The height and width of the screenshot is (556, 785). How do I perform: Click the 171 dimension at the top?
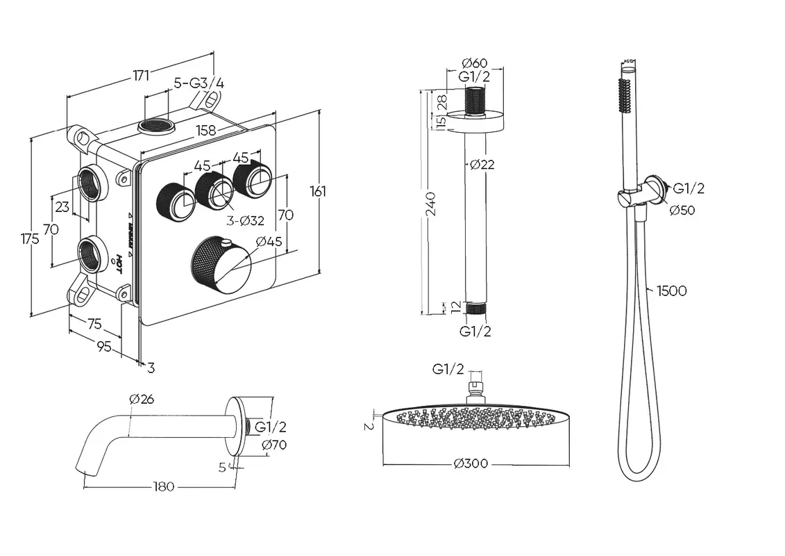[142, 76]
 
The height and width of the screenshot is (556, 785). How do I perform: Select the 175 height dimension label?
[29, 238]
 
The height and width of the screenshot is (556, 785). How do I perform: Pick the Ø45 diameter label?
[269, 242]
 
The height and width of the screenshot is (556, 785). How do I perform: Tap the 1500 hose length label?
[671, 291]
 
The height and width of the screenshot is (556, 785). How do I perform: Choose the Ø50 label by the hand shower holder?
[682, 211]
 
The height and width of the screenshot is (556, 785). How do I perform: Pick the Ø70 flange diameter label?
[273, 445]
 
